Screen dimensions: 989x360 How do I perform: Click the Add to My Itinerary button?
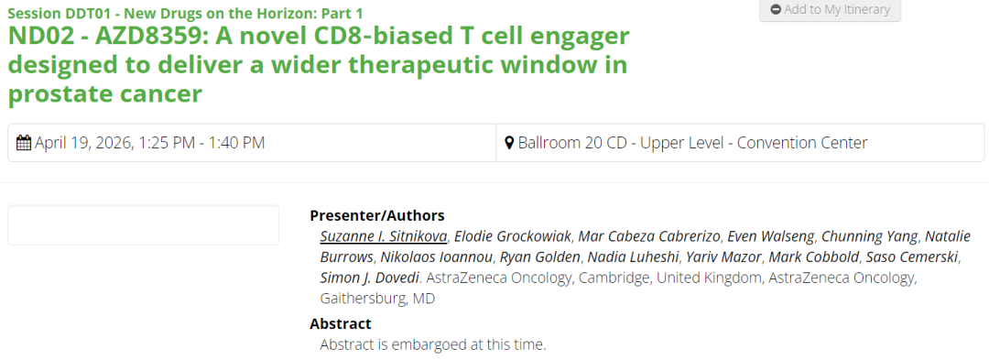830,10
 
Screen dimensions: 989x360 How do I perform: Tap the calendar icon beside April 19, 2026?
24,143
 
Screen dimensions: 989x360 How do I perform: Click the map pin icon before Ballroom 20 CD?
510,143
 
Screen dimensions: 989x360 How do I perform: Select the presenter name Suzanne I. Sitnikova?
384,236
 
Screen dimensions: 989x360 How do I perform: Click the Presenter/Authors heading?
377,215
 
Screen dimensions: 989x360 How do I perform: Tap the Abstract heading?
341,324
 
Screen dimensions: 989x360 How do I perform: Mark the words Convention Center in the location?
802,143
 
